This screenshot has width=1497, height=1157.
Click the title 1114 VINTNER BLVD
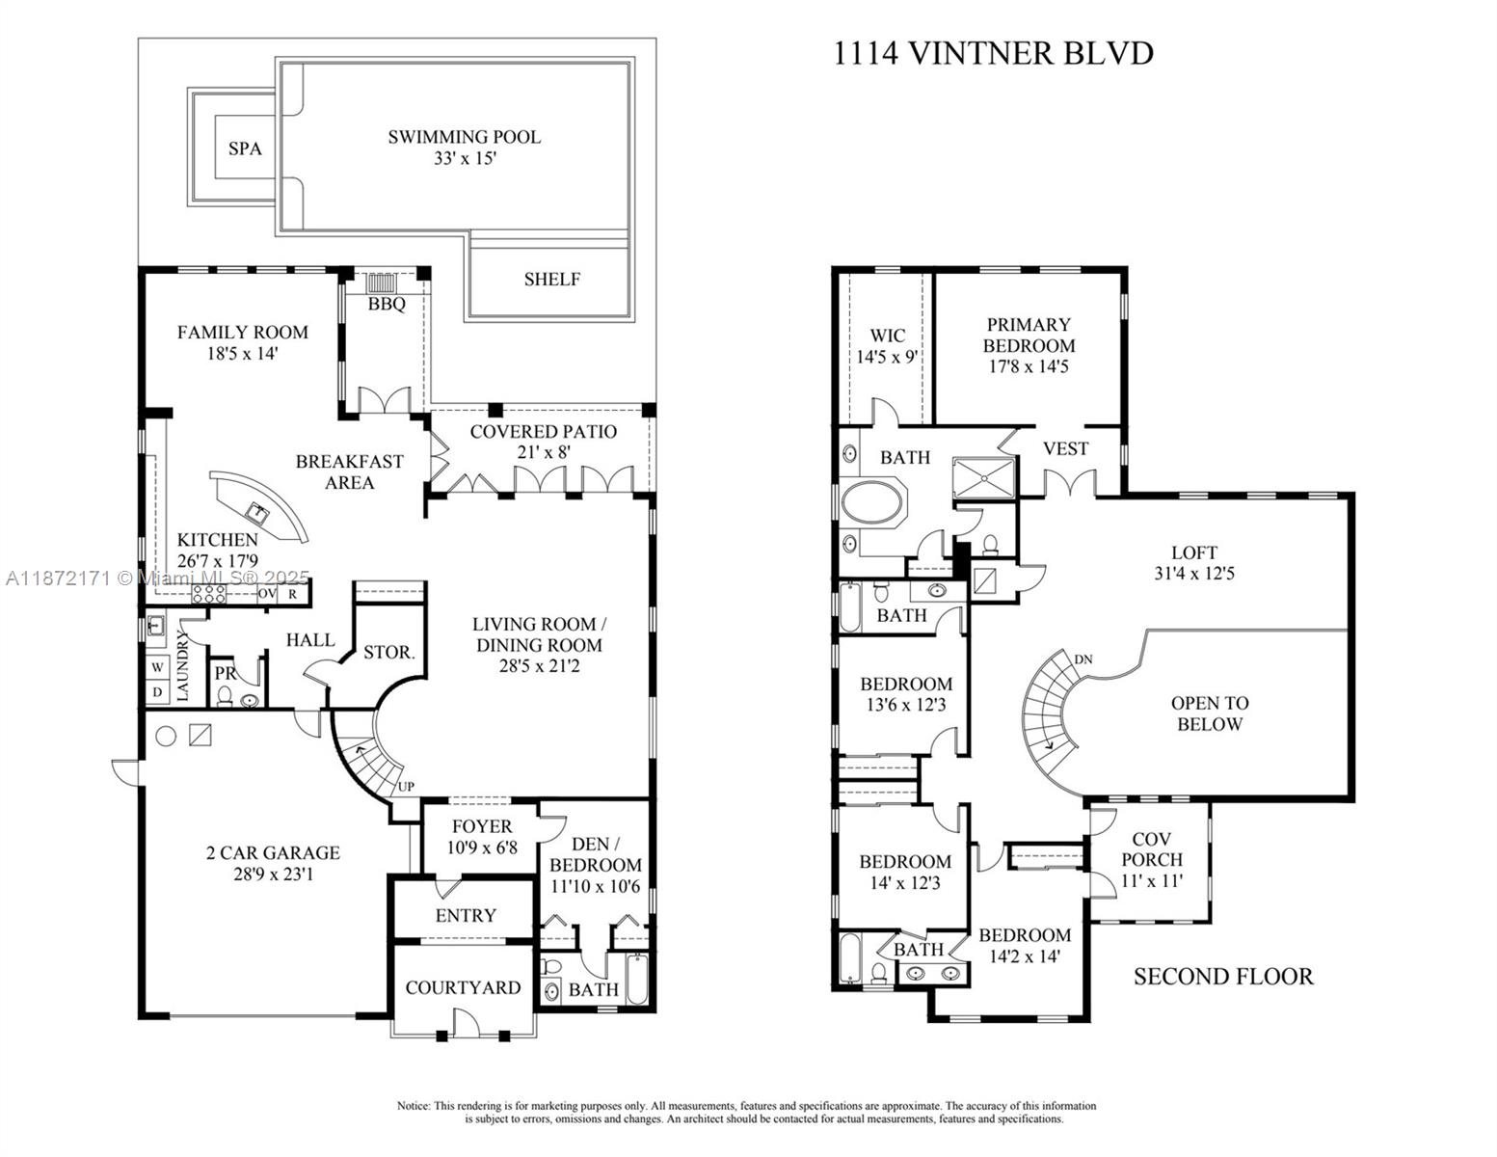click(x=993, y=53)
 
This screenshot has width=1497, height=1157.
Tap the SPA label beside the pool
click(x=245, y=148)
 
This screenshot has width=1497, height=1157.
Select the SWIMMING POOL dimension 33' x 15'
click(x=464, y=159)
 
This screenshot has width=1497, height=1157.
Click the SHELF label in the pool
click(x=551, y=280)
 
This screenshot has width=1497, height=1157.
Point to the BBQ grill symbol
click(x=382, y=283)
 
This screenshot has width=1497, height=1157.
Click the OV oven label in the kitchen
click(x=267, y=594)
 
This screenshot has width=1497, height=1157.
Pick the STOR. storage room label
click(x=388, y=653)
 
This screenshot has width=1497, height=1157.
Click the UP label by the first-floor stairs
click(x=407, y=787)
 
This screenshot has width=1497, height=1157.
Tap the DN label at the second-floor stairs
click(x=1083, y=659)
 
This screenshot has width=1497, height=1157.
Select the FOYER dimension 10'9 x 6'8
click(x=482, y=848)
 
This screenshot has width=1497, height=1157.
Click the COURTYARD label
click(x=463, y=987)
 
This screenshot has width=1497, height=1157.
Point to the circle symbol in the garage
click(x=166, y=736)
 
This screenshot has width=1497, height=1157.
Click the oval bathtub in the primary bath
click(x=873, y=503)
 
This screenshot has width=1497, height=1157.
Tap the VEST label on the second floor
click(x=1065, y=449)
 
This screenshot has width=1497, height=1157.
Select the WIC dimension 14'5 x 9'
click(x=887, y=356)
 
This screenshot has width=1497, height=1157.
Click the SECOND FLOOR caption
click(x=1222, y=977)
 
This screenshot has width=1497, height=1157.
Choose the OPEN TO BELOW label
click(x=1210, y=713)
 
